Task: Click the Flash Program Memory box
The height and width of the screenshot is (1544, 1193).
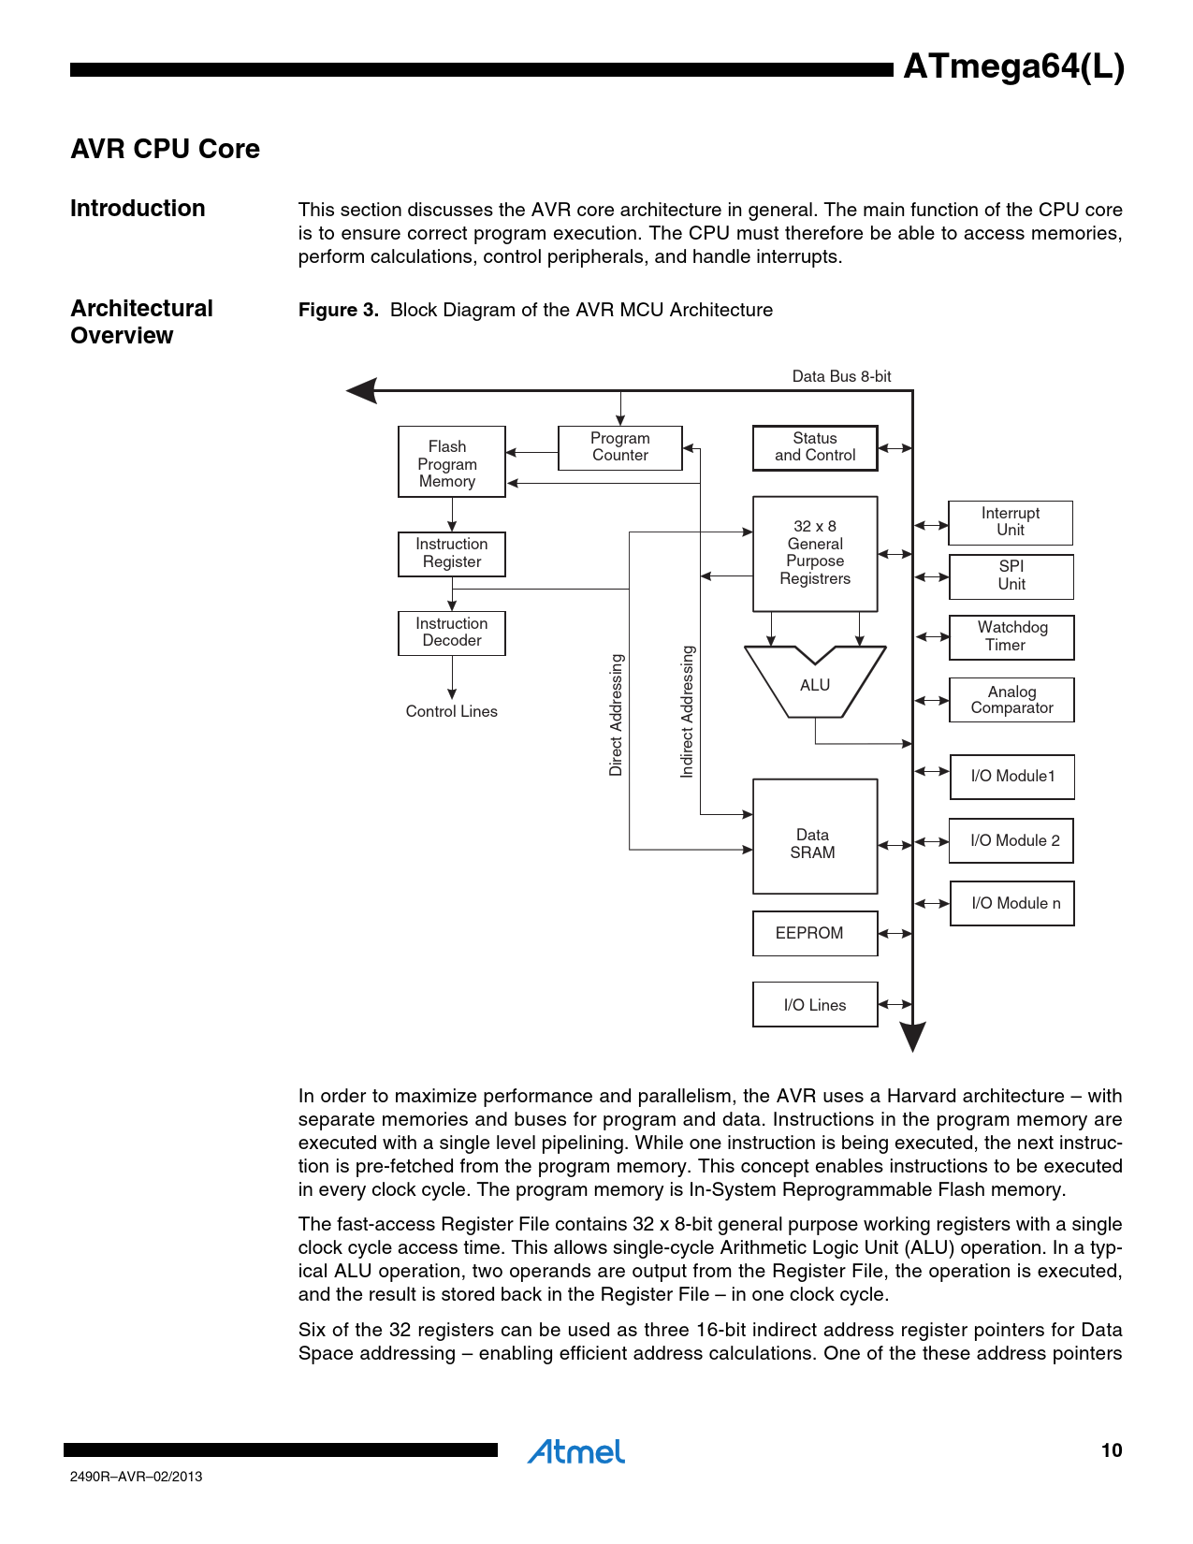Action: pos(451,462)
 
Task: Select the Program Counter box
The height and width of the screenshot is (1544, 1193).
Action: pos(619,447)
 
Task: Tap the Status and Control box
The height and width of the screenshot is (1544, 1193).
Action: pos(815,447)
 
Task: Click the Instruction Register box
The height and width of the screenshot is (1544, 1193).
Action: pos(451,554)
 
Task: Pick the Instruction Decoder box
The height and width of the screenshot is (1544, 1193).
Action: pos(451,633)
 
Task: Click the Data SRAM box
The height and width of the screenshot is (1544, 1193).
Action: pos(814,837)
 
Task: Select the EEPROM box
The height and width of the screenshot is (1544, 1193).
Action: pos(814,933)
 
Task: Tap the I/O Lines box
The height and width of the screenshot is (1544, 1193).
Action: pos(814,1004)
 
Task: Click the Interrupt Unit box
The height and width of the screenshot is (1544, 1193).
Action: pos(1010,522)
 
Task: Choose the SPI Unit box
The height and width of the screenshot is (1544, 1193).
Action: pos(1011,576)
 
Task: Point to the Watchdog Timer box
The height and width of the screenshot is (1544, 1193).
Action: pos(1011,637)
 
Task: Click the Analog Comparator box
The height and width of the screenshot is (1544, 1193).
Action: pos(1011,700)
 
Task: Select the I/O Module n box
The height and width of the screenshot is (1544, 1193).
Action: pos(1011,903)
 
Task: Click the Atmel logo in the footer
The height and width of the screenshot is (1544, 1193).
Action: pos(576,1451)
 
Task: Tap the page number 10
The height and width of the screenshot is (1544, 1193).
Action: pos(1111,1450)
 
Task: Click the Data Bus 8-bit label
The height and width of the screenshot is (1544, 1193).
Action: pos(841,376)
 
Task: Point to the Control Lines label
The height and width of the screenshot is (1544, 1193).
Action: pos(451,711)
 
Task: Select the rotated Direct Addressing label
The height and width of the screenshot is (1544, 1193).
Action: pos(616,715)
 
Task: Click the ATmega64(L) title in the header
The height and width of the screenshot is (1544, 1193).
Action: pos(1013,67)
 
